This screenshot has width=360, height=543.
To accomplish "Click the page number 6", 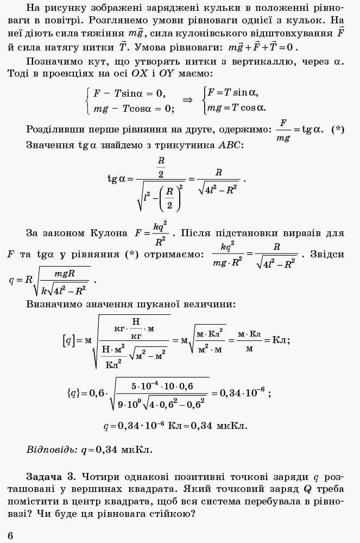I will pos(10,536).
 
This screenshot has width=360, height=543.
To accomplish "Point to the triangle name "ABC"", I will pos(231,145).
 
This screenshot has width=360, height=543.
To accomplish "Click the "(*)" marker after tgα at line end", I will pos(338,129).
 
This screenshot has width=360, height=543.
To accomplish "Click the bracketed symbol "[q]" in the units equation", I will pos(68,340).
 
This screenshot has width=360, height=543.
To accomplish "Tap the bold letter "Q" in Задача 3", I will pos(307,489).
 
